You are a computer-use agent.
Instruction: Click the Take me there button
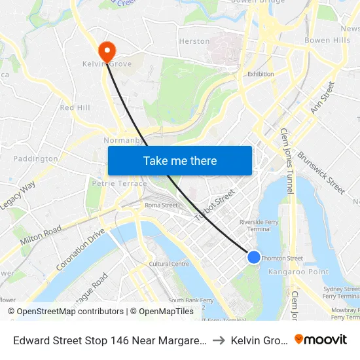click(x=180, y=160)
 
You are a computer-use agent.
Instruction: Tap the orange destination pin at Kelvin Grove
click(x=105, y=51)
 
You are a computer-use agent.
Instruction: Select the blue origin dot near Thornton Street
click(x=254, y=257)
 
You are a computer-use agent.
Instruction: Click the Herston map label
click(x=194, y=41)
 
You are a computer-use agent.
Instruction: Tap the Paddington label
click(x=35, y=158)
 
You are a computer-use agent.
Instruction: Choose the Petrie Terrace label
click(x=120, y=184)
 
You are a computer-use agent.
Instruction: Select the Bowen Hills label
click(x=327, y=41)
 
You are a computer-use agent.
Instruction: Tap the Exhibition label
click(x=261, y=74)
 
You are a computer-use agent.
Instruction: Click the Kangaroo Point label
click(x=289, y=271)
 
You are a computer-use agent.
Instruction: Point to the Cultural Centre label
click(x=169, y=264)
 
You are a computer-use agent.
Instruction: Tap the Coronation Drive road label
click(x=81, y=249)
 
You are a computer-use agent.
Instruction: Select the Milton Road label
click(x=41, y=235)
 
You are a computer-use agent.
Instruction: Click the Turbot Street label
click(x=214, y=206)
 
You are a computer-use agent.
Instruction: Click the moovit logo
click(x=321, y=339)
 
